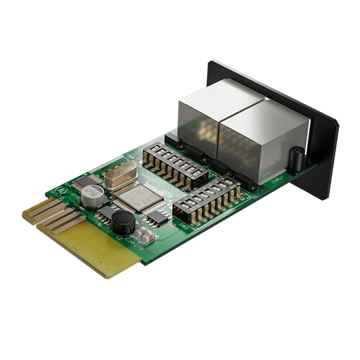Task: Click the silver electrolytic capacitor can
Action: (94, 197)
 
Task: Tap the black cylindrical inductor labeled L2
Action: (122, 223)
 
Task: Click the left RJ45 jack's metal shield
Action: (200, 118)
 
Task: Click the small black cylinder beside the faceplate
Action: (296, 158)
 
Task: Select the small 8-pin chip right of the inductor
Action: (157, 217)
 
